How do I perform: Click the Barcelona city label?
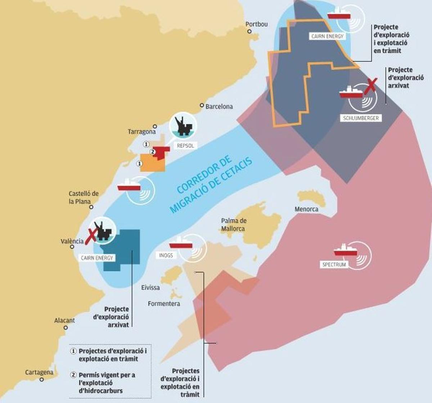click(219, 106)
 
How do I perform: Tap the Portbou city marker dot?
click(249, 32)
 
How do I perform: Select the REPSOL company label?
click(185, 146)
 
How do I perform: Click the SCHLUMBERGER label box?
click(361, 118)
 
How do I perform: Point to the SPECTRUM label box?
click(334, 265)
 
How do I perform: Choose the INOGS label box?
click(166, 255)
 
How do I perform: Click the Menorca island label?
click(306, 209)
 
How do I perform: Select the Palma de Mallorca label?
click(234, 225)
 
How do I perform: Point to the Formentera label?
click(164, 304)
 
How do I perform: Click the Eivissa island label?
click(150, 288)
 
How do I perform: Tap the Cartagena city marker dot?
click(41, 379)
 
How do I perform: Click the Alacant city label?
click(64, 320)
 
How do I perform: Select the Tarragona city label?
click(141, 132)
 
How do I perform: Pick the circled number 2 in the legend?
click(73, 375)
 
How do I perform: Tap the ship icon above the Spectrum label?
click(345, 251)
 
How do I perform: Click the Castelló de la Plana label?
click(83, 198)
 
